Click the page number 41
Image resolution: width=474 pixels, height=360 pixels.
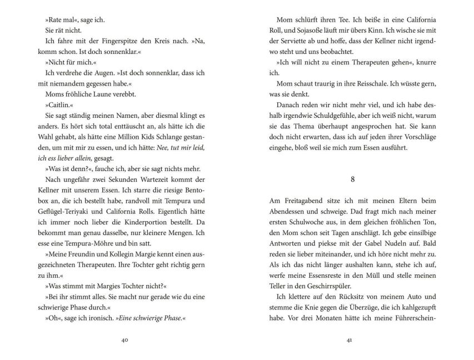349,341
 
